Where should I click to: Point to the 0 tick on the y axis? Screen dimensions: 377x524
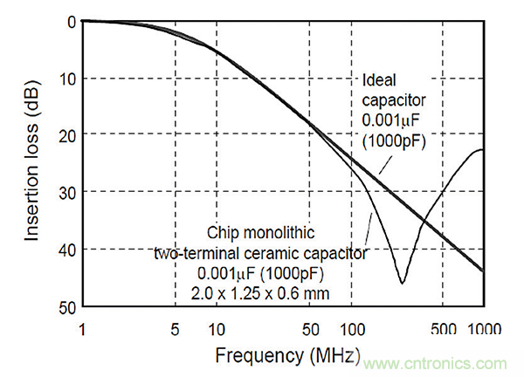(x=72, y=22)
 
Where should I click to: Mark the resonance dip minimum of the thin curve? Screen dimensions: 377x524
(x=402, y=283)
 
